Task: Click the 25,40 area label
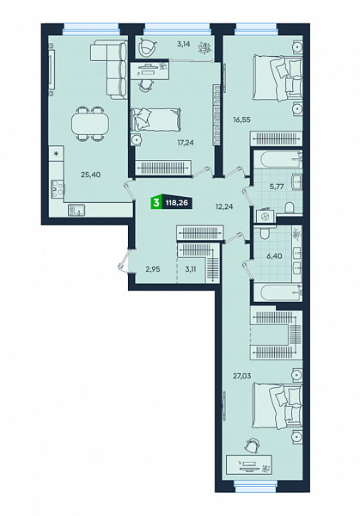pyautogui.click(x=91, y=175)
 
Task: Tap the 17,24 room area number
pyautogui.click(x=186, y=143)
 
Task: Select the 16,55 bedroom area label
pyautogui.click(x=242, y=120)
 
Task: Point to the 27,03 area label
pyautogui.click(x=242, y=376)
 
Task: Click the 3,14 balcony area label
pyautogui.click(x=184, y=44)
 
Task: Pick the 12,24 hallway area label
pyautogui.click(x=224, y=206)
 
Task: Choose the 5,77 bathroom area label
pyautogui.click(x=277, y=187)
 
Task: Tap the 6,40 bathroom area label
pyautogui.click(x=274, y=255)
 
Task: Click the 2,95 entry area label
pyautogui.click(x=153, y=269)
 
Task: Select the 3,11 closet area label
pyautogui.click(x=191, y=269)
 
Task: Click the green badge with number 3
pyautogui.click(x=156, y=203)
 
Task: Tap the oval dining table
pyautogui.click(x=90, y=124)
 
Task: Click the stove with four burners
pyautogui.click(x=58, y=188)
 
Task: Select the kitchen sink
pyautogui.click(x=76, y=210)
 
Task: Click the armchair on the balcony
pyautogui.click(x=147, y=46)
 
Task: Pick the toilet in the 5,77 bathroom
pyautogui.click(x=290, y=208)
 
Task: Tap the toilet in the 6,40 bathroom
pyautogui.click(x=265, y=233)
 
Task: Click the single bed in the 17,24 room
pyautogui.click(x=156, y=120)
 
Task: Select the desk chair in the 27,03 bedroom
pyautogui.click(x=252, y=445)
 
